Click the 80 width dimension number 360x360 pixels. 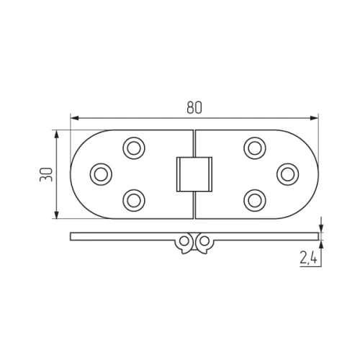(193, 107)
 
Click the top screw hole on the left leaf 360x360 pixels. (133, 148)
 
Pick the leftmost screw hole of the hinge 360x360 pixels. (101, 173)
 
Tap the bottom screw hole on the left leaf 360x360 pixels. (133, 199)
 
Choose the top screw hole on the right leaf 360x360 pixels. (253, 148)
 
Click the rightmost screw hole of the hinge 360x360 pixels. (287, 173)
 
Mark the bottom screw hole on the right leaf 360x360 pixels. (253, 199)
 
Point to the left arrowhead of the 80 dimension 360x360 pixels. (73, 118)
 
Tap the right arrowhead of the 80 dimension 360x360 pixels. (314, 118)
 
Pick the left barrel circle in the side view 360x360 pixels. (186, 239)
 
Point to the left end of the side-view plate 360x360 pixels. (72, 236)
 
